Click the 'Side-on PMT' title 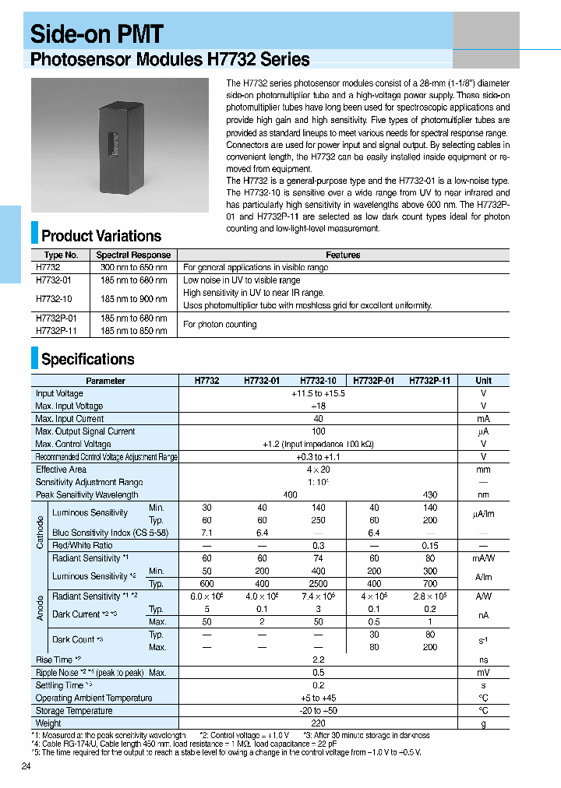click(x=97, y=33)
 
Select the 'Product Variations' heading click(x=101, y=236)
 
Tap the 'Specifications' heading click(x=87, y=359)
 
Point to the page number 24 click(x=26, y=767)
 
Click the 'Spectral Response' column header click(x=133, y=255)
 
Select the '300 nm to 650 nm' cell click(x=133, y=267)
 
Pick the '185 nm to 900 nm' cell click(x=133, y=299)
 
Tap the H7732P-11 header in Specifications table click(x=429, y=381)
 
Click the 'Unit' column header click(x=483, y=381)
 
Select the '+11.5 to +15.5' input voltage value click(x=318, y=393)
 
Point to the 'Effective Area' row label click(x=61, y=470)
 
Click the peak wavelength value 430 click(x=429, y=494)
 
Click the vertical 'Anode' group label click(x=40, y=607)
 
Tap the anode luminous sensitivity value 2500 click(x=318, y=583)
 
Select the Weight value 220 click(x=318, y=723)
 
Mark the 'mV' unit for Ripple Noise click(x=483, y=672)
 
